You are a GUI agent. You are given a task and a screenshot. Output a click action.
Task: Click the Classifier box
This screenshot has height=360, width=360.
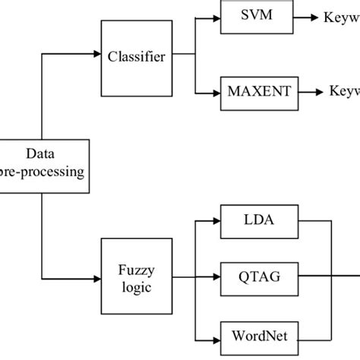(136, 58)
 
